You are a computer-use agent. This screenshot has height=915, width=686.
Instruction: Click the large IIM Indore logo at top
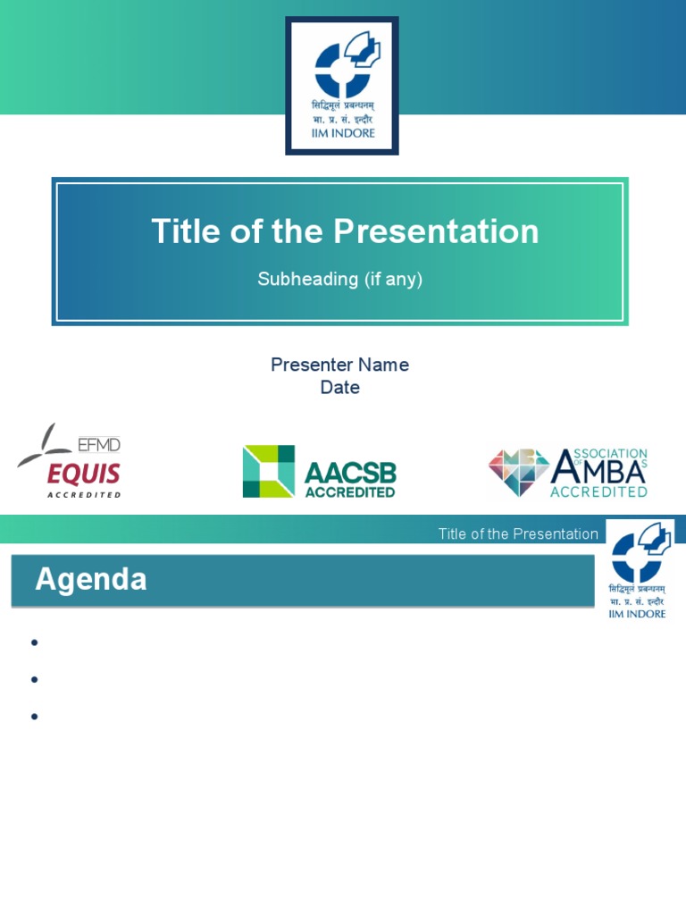342,85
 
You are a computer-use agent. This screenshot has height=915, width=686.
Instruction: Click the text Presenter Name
339,365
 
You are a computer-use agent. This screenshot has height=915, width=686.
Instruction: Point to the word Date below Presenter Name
339,388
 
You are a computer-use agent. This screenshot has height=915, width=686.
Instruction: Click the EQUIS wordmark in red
84,473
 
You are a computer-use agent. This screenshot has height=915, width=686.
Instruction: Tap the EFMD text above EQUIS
99,444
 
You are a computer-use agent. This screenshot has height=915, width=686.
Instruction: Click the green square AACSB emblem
268,471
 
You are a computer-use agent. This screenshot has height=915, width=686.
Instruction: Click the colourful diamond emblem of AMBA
518,472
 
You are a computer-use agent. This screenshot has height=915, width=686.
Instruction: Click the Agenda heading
91,580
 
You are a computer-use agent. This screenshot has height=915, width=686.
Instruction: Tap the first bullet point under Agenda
34,642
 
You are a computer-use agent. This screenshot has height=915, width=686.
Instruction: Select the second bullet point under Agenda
34,680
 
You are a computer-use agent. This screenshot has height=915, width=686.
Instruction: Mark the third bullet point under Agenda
34,717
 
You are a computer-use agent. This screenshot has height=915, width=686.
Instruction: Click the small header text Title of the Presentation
518,534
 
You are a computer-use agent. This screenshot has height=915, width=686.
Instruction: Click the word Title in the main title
185,231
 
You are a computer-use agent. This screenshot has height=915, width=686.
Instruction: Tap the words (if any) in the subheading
392,279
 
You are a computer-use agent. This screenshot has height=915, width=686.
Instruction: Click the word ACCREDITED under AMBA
598,491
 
